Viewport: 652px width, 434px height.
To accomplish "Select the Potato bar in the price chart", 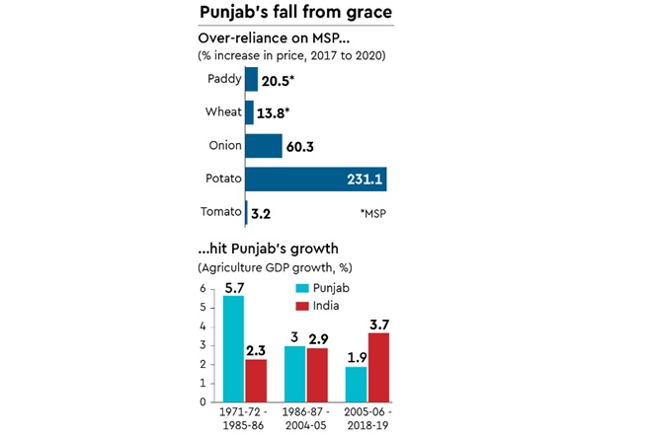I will click(x=315, y=179).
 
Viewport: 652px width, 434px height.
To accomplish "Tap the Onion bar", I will click(x=263, y=146).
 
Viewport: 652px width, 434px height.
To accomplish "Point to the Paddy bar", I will click(x=251, y=79).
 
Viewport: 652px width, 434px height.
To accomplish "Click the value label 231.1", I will click(x=362, y=179).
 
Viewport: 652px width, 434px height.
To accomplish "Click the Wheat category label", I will click(x=221, y=112).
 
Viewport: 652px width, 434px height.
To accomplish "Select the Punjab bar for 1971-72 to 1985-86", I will click(x=233, y=348).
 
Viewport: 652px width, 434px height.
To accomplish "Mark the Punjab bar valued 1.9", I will click(x=356, y=384).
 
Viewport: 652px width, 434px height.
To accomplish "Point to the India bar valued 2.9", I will click(x=317, y=375).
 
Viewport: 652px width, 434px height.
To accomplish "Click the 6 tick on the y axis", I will click(x=204, y=289).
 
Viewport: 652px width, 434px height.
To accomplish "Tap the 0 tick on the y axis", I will click(x=204, y=401).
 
